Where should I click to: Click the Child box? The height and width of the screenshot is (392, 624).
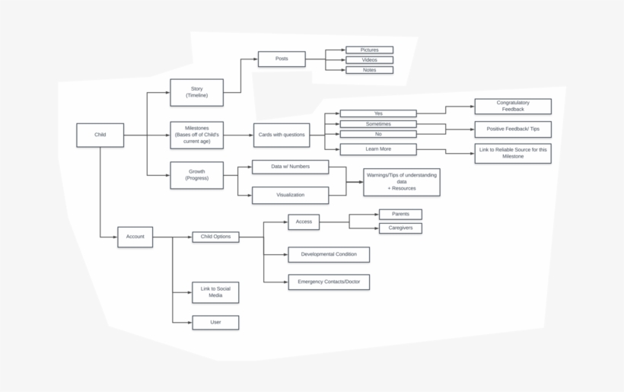pos(100,135)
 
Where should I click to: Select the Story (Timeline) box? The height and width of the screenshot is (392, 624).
pos(196,92)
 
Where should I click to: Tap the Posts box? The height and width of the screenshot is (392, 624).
pos(282,59)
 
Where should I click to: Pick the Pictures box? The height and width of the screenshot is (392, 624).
pos(369,50)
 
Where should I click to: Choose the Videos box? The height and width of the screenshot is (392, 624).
pos(369,60)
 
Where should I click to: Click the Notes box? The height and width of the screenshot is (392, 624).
pos(369,70)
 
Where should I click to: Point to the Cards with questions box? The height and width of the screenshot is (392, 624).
pos(282,135)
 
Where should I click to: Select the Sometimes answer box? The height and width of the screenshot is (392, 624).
pos(378,124)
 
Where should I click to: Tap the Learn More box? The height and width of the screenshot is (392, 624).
pos(378,149)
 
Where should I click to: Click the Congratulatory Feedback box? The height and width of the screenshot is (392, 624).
pos(513,107)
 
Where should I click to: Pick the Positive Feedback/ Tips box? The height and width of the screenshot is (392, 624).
pos(513,129)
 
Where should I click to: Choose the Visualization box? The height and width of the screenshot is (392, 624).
pos(290,195)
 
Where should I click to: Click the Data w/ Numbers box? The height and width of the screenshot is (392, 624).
pos(290,167)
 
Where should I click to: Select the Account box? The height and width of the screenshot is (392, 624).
pos(135,237)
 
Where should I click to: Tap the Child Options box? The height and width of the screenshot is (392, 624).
pos(215,237)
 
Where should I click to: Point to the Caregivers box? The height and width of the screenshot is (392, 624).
pos(400,228)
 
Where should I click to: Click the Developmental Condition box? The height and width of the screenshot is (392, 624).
pos(329,254)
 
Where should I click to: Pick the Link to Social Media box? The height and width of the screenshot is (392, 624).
pos(215,292)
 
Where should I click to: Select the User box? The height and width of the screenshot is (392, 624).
pos(215,323)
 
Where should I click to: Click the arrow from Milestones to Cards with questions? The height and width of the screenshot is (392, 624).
pos(238,135)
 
